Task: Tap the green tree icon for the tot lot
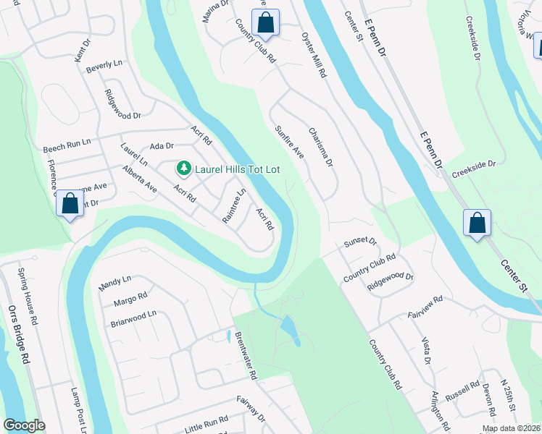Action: tap(184, 169)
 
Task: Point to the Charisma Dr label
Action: tap(320, 148)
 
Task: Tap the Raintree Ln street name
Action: tap(235, 205)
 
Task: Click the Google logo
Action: tap(24, 425)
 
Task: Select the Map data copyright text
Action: tap(510, 428)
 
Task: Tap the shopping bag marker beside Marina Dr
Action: tap(266, 23)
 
